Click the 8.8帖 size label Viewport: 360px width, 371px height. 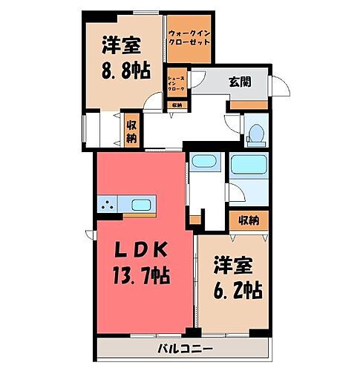123,70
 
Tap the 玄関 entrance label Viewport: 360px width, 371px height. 240,81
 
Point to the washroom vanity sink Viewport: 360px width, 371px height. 201,162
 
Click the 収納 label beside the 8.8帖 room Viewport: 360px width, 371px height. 131,132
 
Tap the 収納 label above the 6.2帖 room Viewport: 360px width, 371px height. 249,220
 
